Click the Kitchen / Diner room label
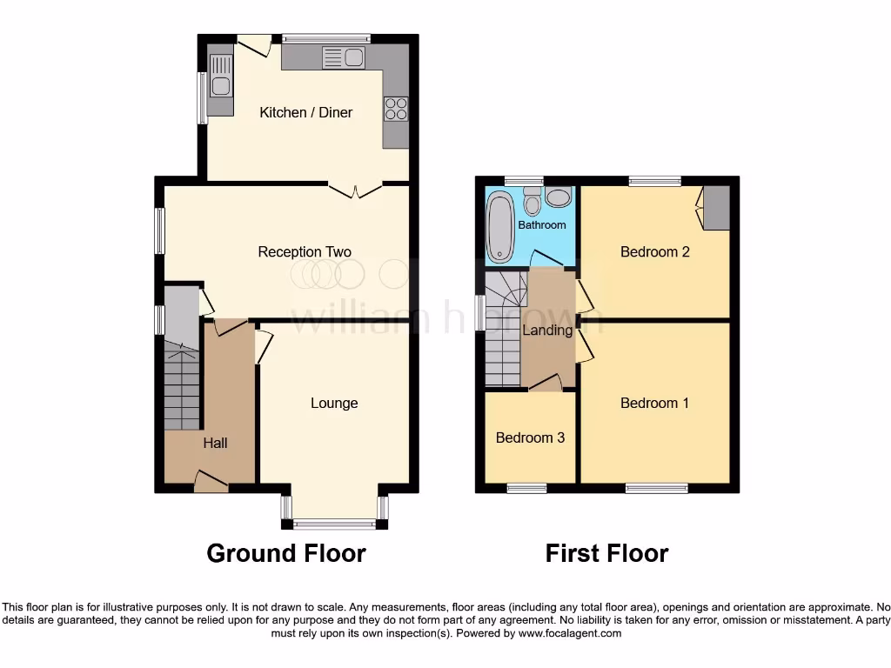pyautogui.click(x=306, y=112)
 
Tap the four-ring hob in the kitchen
pyautogui.click(x=395, y=109)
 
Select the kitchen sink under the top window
pyautogui.click(x=344, y=58)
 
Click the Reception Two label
pyautogui.click(x=305, y=252)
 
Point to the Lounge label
pyautogui.click(x=334, y=403)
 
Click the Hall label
pyautogui.click(x=215, y=443)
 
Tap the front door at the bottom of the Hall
pyautogui.click(x=211, y=481)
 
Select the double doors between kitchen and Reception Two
pyautogui.click(x=355, y=186)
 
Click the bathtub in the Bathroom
pyautogui.click(x=500, y=227)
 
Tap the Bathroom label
pyautogui.click(x=542, y=224)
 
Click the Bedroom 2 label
pyautogui.click(x=654, y=252)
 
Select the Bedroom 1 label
pyautogui.click(x=654, y=403)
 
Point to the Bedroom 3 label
pyautogui.click(x=530, y=438)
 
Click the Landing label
pyautogui.click(x=547, y=330)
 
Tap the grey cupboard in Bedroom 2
pyautogui.click(x=716, y=209)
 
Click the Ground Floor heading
pyautogui.click(x=286, y=553)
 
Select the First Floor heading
pyautogui.click(x=606, y=553)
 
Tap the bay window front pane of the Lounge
pyautogui.click(x=334, y=524)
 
